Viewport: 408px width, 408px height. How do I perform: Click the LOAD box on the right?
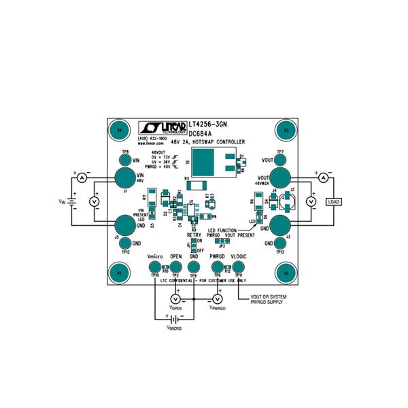[333, 202]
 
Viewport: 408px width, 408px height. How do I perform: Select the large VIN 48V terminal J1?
[124, 178]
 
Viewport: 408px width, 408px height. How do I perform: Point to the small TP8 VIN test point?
[125, 160]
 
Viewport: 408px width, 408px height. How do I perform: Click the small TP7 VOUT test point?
[280, 160]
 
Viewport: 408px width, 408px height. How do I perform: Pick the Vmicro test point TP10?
[155, 267]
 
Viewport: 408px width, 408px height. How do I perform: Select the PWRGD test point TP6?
[218, 267]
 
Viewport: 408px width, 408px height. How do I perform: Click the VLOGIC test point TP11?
[238, 267]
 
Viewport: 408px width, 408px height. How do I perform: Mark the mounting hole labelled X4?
[120, 130]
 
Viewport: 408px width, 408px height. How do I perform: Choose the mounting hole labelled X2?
[286, 273]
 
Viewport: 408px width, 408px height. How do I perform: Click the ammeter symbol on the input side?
[80, 177]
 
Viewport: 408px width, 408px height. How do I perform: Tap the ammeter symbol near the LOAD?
[324, 177]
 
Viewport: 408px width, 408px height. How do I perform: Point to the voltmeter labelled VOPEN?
[175, 300]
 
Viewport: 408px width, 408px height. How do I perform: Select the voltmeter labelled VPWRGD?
[218, 300]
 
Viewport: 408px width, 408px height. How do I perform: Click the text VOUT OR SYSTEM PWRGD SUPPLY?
[269, 300]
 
